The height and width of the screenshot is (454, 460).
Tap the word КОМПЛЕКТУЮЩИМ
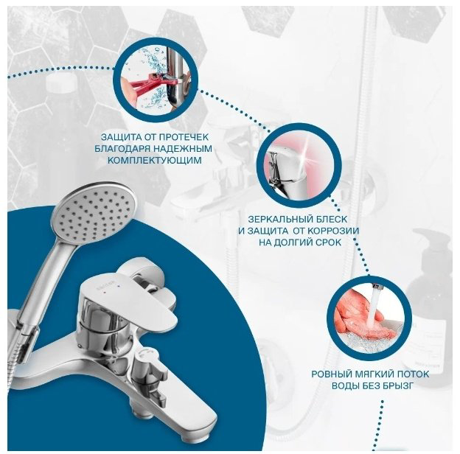pyautogui.click(x=155, y=161)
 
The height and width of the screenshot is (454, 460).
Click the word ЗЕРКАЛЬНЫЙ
pyautogui.click(x=282, y=220)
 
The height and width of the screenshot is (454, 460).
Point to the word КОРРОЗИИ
pyautogui.click(x=333, y=231)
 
